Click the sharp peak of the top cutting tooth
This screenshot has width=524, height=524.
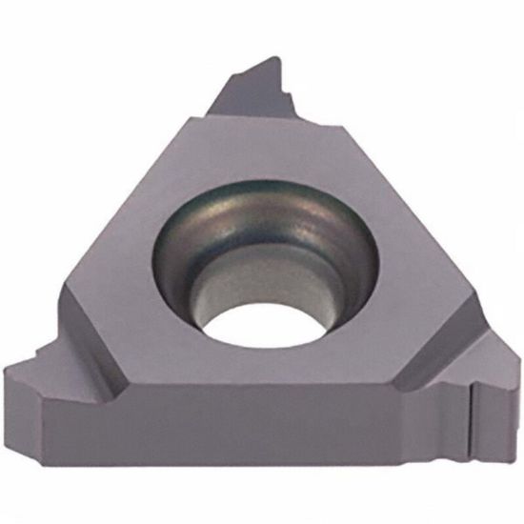tap(277, 58)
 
